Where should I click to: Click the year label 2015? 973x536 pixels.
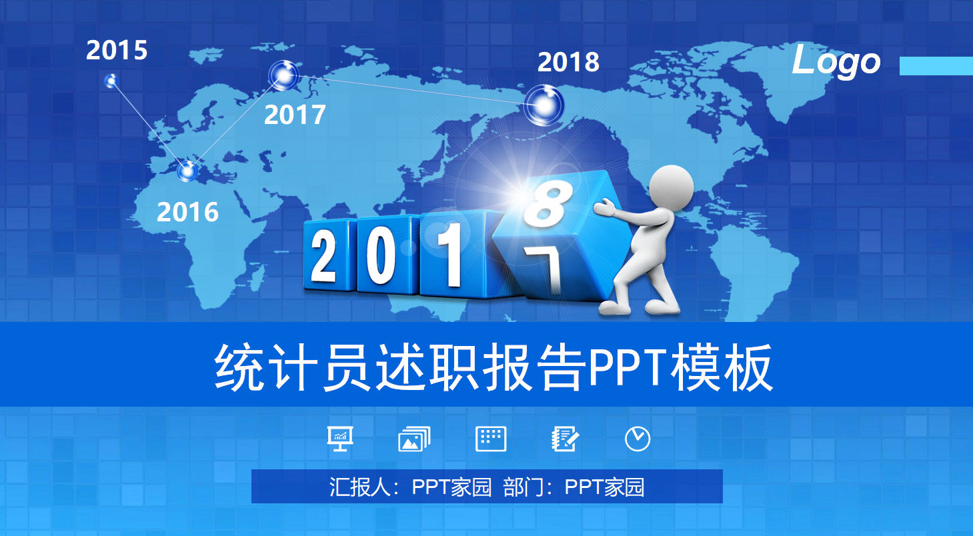tap(117, 51)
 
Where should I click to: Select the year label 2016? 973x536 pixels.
tap(187, 212)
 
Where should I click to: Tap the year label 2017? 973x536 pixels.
tap(295, 115)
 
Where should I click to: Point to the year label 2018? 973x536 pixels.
tap(568, 62)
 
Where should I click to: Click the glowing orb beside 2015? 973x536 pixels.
tap(111, 81)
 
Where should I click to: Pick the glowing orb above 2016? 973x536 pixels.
tap(188, 171)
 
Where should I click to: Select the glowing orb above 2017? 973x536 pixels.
tap(284, 75)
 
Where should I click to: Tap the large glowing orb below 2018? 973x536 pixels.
tap(544, 105)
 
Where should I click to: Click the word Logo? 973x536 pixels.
tap(836, 62)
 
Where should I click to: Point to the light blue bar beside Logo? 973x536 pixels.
tap(936, 66)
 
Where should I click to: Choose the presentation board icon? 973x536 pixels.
tap(340, 439)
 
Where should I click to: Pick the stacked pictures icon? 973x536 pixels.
tap(413, 439)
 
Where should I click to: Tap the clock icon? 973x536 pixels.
tap(638, 439)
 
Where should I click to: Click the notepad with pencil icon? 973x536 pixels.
tap(565, 439)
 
